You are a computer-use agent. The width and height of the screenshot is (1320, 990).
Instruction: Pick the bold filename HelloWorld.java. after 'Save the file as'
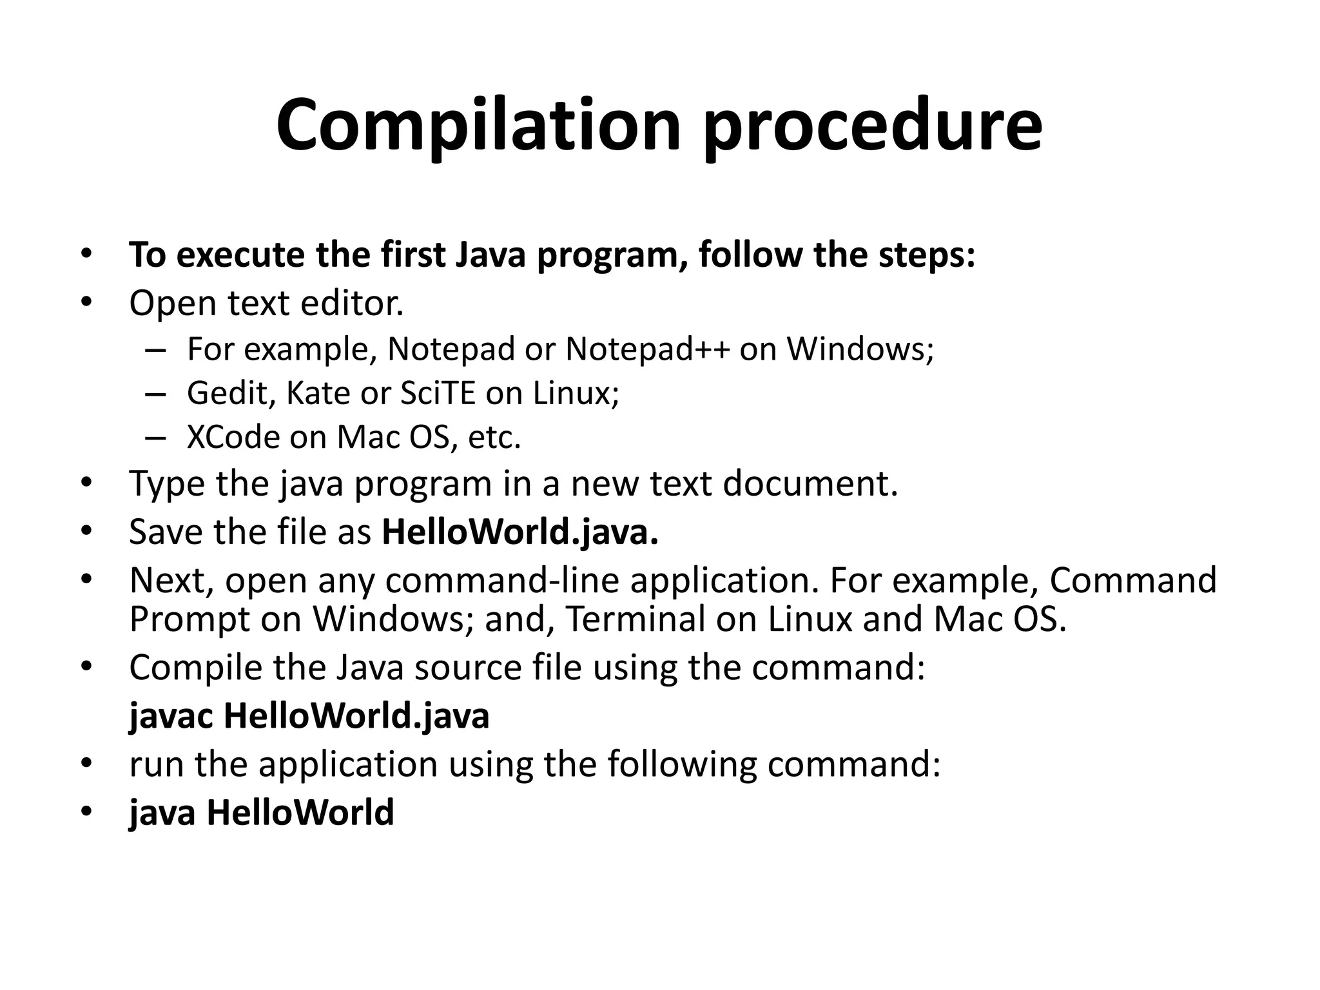(x=520, y=532)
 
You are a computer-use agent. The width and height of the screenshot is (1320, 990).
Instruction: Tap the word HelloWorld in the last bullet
(x=300, y=812)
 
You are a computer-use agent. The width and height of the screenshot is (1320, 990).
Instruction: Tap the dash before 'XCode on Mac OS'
(x=155, y=438)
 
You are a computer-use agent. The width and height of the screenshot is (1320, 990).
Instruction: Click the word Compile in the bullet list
(x=195, y=668)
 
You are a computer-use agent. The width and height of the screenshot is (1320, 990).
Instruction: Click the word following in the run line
(x=681, y=764)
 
